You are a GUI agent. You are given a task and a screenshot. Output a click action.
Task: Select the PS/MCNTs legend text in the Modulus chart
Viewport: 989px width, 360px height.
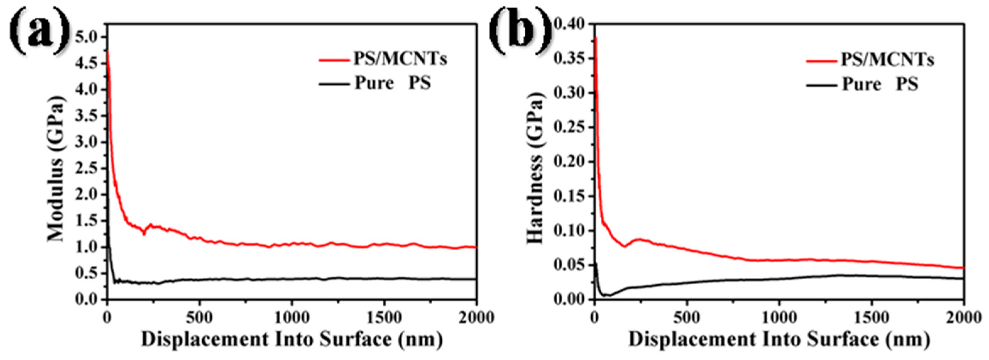tap(400, 59)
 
